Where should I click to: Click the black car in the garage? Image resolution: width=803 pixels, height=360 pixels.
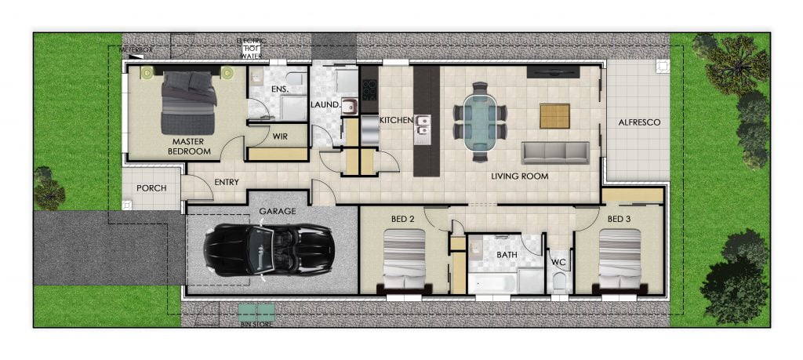coord(269,249)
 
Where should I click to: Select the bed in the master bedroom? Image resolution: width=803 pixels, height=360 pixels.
coord(188,103)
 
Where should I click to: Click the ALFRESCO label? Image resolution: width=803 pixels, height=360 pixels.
coord(639,122)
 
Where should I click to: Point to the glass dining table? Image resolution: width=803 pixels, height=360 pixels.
coord(479,122)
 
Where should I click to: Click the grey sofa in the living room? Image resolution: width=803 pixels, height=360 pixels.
coord(555,153)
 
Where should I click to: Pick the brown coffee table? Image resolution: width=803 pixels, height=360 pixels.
coord(554,116)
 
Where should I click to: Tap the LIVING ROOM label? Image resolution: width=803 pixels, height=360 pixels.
coord(519,176)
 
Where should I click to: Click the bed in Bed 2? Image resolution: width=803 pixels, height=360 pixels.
coord(405,260)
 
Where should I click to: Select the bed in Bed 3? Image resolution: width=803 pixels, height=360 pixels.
coord(620,260)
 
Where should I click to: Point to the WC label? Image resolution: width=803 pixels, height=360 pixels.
coord(558,262)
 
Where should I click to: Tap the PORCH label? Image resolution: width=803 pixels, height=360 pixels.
coord(151,188)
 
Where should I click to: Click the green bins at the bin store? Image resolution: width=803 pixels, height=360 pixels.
coord(257,311)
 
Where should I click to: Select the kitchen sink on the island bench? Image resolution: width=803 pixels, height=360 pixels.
coord(423,129)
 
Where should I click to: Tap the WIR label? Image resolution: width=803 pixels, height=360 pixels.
coord(280,136)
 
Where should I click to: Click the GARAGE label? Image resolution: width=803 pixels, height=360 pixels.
coord(277,211)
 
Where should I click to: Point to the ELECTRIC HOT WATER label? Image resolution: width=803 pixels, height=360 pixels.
coord(251,48)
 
